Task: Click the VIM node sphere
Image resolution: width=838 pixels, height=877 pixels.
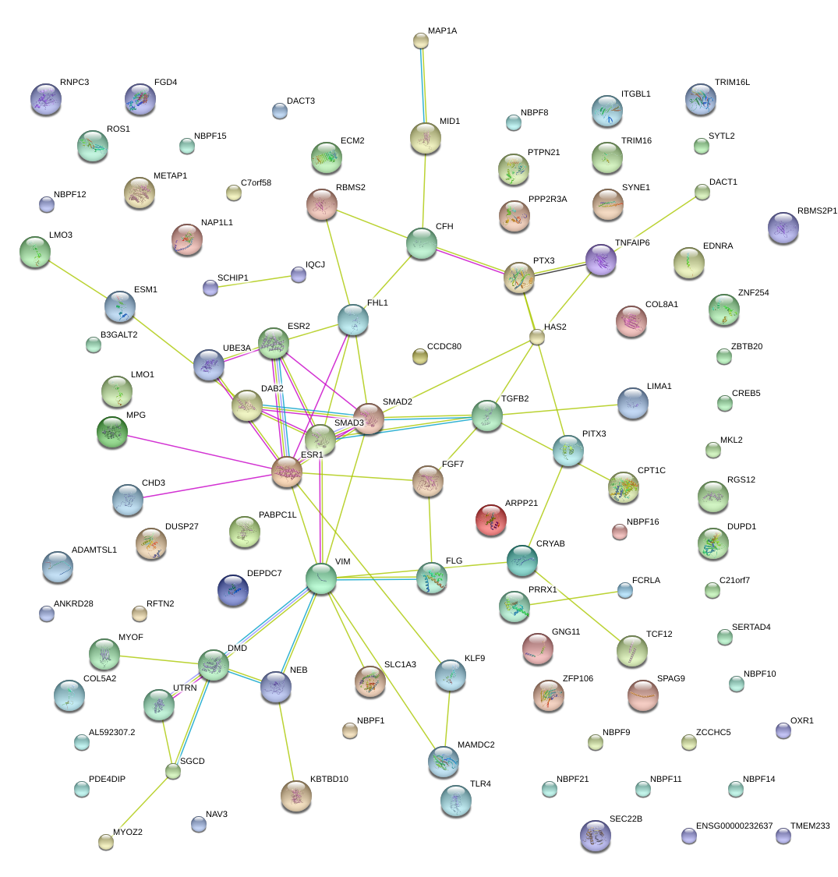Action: (x=321, y=578)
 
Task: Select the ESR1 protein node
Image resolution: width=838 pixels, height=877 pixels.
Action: (x=287, y=472)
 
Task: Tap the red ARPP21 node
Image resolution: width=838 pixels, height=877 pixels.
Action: (x=491, y=520)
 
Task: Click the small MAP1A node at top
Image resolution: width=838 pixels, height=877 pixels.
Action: (x=421, y=41)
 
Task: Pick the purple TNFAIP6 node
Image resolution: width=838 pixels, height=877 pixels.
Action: (x=601, y=260)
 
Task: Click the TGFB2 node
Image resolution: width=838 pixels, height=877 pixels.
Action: (x=487, y=415)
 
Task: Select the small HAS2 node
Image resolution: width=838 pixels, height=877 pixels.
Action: (x=537, y=337)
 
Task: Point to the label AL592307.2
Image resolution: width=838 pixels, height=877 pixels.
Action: (x=112, y=733)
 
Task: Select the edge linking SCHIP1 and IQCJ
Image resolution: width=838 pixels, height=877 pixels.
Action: (x=254, y=281)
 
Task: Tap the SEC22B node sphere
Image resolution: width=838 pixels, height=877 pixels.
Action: (x=596, y=835)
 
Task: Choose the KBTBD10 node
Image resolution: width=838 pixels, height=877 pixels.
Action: (x=296, y=794)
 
